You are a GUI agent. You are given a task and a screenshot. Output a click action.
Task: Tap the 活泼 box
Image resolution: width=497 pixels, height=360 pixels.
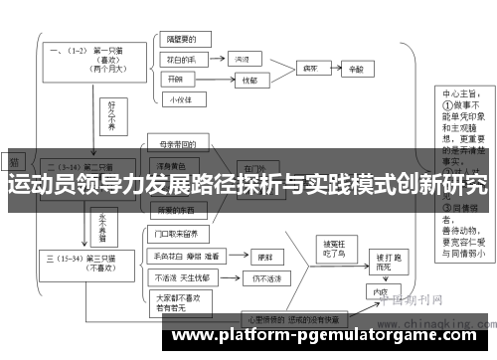(242, 60)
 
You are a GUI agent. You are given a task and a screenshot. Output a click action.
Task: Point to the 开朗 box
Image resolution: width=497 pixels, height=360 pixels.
(179, 79)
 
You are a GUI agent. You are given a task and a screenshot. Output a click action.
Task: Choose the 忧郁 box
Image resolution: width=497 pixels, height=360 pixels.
(248, 80)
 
